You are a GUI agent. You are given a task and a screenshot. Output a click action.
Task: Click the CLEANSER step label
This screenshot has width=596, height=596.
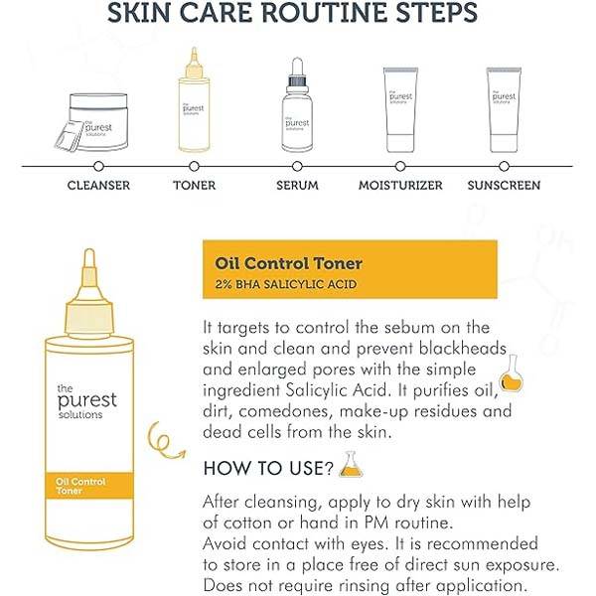[x=98, y=185]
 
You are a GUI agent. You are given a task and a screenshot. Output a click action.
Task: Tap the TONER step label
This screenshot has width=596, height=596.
[x=195, y=185]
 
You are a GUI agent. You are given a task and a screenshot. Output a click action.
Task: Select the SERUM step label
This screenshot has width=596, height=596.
[x=297, y=185]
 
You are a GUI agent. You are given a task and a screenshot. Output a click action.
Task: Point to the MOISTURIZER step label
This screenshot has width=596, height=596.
[x=400, y=185]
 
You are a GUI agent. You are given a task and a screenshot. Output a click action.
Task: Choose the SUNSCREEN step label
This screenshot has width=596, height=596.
[x=504, y=185]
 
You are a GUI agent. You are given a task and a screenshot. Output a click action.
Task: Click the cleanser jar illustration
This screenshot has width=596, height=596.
[x=93, y=122]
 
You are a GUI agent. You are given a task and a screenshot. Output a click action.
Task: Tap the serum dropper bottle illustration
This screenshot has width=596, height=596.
[x=297, y=105]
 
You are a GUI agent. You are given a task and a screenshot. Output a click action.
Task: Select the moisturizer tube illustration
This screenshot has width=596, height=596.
[x=400, y=110]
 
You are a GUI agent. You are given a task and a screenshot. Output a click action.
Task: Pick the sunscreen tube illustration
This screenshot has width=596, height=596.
[x=504, y=110]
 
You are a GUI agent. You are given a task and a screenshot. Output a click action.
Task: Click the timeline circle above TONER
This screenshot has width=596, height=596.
[x=195, y=166]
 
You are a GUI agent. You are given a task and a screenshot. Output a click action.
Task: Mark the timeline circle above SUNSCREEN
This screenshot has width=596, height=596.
[x=504, y=166]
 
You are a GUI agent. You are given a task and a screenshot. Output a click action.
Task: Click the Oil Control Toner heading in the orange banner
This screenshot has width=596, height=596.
[x=288, y=263]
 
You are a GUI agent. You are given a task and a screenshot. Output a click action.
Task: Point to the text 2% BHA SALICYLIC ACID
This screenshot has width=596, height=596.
[x=286, y=284]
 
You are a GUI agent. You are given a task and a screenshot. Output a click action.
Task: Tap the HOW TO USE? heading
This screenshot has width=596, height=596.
[x=268, y=468]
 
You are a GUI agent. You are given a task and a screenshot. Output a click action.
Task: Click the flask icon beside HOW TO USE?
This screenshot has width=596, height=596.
[x=351, y=464]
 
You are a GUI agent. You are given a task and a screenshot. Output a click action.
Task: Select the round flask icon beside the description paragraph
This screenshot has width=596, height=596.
[x=512, y=373]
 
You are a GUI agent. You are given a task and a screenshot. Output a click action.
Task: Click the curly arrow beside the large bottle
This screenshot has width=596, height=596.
[x=164, y=440]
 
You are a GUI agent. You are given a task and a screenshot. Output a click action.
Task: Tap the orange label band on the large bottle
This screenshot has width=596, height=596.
[x=89, y=486]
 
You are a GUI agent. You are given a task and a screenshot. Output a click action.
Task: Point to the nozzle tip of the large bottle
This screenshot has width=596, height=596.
[x=89, y=251]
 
